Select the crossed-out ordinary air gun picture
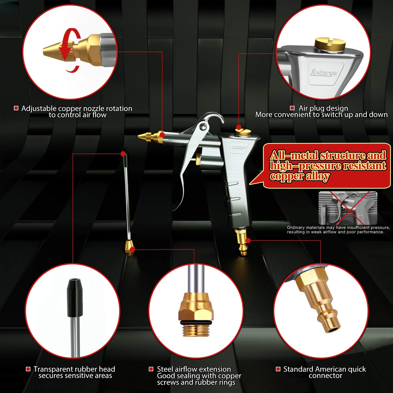pyautogui.click(x=348, y=208)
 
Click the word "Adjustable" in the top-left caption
pyautogui.click(x=39, y=108)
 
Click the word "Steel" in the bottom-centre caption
pyautogui.click(x=165, y=369)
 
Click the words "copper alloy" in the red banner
pyautogui.click(x=299, y=176)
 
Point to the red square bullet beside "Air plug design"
pyautogui.click(x=292, y=108)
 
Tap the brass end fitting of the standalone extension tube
pyautogui.click(x=130, y=248)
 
